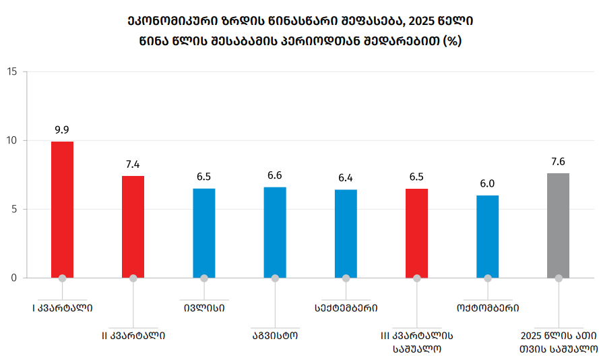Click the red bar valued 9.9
pos(62,209)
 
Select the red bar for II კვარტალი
pos(133,227)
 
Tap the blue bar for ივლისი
pos(204,233)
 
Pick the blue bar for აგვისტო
pos(275,232)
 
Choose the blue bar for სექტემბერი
pos(346,233)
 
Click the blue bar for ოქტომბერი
pos(487,236)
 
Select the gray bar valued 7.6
pos(558,225)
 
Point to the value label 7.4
pos(133,164)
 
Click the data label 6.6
pos(275,175)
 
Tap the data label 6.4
pos(346,178)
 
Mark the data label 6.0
pos(487,183)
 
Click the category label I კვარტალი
pos(62,308)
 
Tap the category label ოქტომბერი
pos(487,308)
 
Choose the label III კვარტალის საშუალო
pos(416,341)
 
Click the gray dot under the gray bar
pos(558,278)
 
